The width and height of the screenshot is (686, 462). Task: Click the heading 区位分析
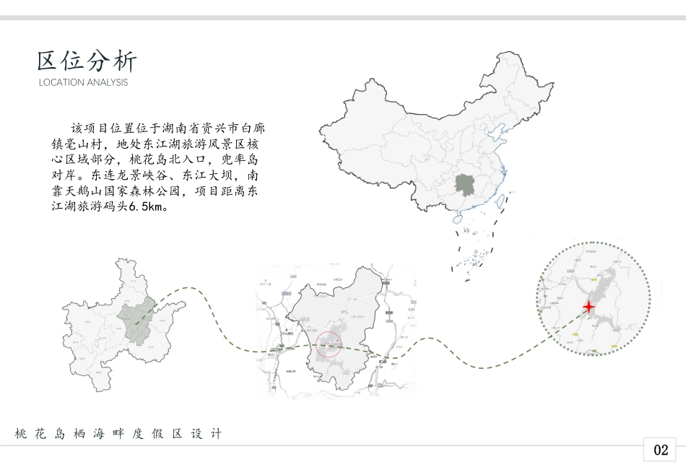(x=86, y=61)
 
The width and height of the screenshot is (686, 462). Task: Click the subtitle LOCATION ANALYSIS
(x=83, y=82)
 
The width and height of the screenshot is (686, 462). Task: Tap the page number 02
(x=661, y=450)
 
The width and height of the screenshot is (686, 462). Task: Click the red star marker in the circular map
(x=589, y=307)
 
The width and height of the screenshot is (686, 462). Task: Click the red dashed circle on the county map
(x=329, y=344)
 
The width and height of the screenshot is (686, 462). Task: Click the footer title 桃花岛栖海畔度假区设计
(x=118, y=434)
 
